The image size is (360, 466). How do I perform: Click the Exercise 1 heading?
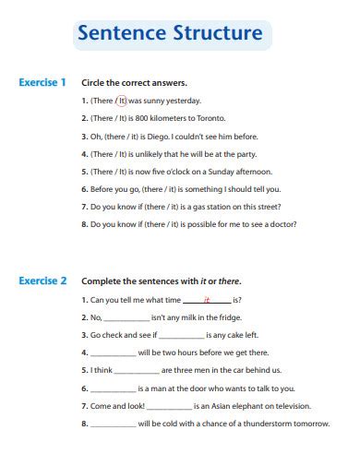pos(43,82)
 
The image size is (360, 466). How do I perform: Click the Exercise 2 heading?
pos(43,281)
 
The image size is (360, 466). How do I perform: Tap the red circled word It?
pos(121,101)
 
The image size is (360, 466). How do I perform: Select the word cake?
pos(233,335)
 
